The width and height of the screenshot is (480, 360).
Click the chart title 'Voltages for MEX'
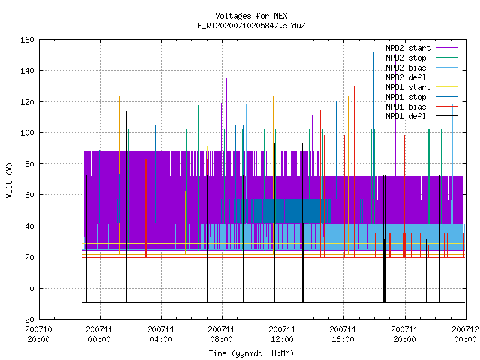click(251, 16)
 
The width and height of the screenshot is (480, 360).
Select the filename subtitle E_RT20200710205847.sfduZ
click(251, 25)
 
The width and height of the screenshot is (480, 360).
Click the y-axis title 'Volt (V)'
click(9, 180)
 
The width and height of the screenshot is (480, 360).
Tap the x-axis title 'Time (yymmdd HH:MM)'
click(251, 353)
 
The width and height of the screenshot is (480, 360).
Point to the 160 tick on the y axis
click(27, 40)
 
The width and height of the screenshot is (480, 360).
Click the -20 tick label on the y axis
click(27, 319)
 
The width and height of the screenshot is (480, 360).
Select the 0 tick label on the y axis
click(31, 288)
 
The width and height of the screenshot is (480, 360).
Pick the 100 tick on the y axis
click(27, 133)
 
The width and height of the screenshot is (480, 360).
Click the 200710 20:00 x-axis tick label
click(38, 334)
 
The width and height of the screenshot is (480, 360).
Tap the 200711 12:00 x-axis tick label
click(282, 334)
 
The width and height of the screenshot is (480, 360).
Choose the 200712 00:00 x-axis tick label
click(465, 334)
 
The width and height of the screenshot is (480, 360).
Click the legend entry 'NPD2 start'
click(421, 48)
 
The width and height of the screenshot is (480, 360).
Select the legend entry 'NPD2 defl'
click(421, 77)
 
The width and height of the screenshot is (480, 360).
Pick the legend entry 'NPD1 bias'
click(421, 106)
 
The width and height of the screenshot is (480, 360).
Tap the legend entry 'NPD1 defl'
click(421, 116)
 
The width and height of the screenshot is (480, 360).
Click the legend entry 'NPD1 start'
click(421, 87)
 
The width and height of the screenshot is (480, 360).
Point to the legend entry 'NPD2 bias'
click(421, 67)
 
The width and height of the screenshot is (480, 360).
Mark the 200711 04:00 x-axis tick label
click(160, 334)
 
